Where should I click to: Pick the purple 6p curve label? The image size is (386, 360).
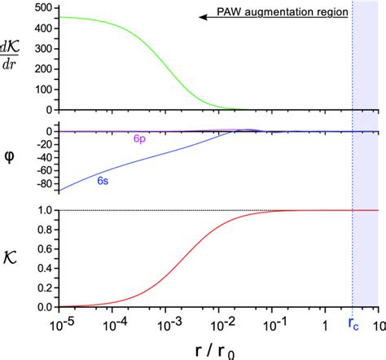click(x=140, y=139)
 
